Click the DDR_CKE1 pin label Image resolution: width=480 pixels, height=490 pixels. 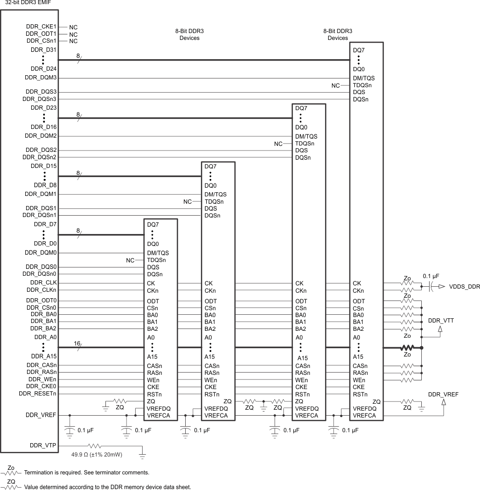[x=41, y=27]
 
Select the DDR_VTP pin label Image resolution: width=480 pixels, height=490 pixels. [x=43, y=445]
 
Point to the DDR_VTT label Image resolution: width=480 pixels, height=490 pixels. [x=441, y=321]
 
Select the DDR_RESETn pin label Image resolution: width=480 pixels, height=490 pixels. [x=38, y=393]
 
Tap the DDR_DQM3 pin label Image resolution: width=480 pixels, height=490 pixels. [x=41, y=78]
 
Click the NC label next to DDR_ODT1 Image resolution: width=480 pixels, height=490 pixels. [x=73, y=34]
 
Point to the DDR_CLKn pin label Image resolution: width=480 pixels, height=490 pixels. [x=42, y=290]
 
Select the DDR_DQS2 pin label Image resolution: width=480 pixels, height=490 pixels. [x=41, y=150]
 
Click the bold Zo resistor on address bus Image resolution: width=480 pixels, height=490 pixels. [x=407, y=348]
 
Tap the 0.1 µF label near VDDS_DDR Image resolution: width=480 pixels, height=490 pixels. [x=430, y=276]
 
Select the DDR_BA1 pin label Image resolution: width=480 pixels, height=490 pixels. [x=44, y=321]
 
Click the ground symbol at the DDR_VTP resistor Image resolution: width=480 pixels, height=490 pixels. [x=142, y=456]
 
